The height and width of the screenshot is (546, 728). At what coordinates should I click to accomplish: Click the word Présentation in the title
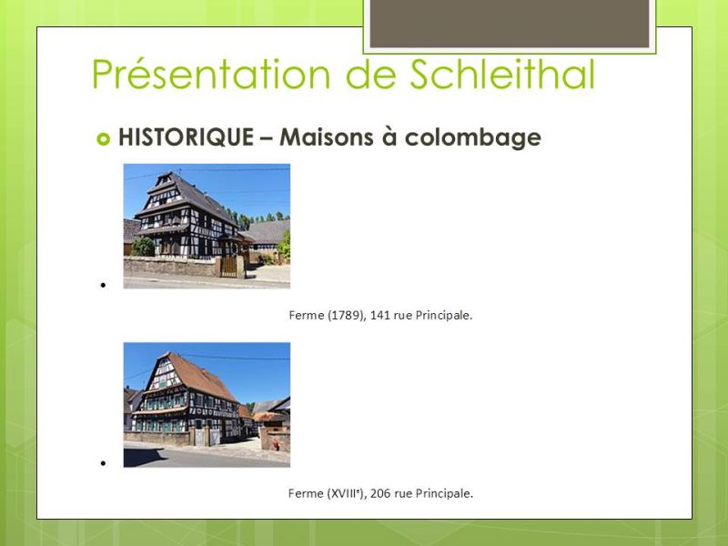(x=211, y=75)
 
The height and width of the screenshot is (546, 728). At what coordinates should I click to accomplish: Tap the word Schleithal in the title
(x=502, y=74)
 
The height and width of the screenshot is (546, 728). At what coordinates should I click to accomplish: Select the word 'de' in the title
(x=371, y=74)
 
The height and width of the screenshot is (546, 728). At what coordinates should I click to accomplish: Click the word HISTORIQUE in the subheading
(x=186, y=137)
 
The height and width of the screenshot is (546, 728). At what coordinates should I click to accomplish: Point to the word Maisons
(x=327, y=137)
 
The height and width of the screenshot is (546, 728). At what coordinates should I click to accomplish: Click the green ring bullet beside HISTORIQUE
(x=103, y=139)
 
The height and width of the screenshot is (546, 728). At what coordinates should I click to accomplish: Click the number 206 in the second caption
(x=380, y=493)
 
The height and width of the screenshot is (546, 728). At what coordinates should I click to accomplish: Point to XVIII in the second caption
(x=344, y=493)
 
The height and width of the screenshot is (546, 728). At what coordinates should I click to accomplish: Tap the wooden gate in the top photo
(x=229, y=266)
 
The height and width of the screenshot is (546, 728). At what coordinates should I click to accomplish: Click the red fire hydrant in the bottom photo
(x=277, y=444)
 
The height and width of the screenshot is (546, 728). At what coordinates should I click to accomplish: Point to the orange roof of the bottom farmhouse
(x=202, y=376)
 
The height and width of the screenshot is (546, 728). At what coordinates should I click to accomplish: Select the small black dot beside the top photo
(x=103, y=285)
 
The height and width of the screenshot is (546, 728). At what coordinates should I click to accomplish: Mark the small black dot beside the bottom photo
(x=103, y=463)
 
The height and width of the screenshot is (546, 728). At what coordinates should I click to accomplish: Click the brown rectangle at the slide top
(x=510, y=24)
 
